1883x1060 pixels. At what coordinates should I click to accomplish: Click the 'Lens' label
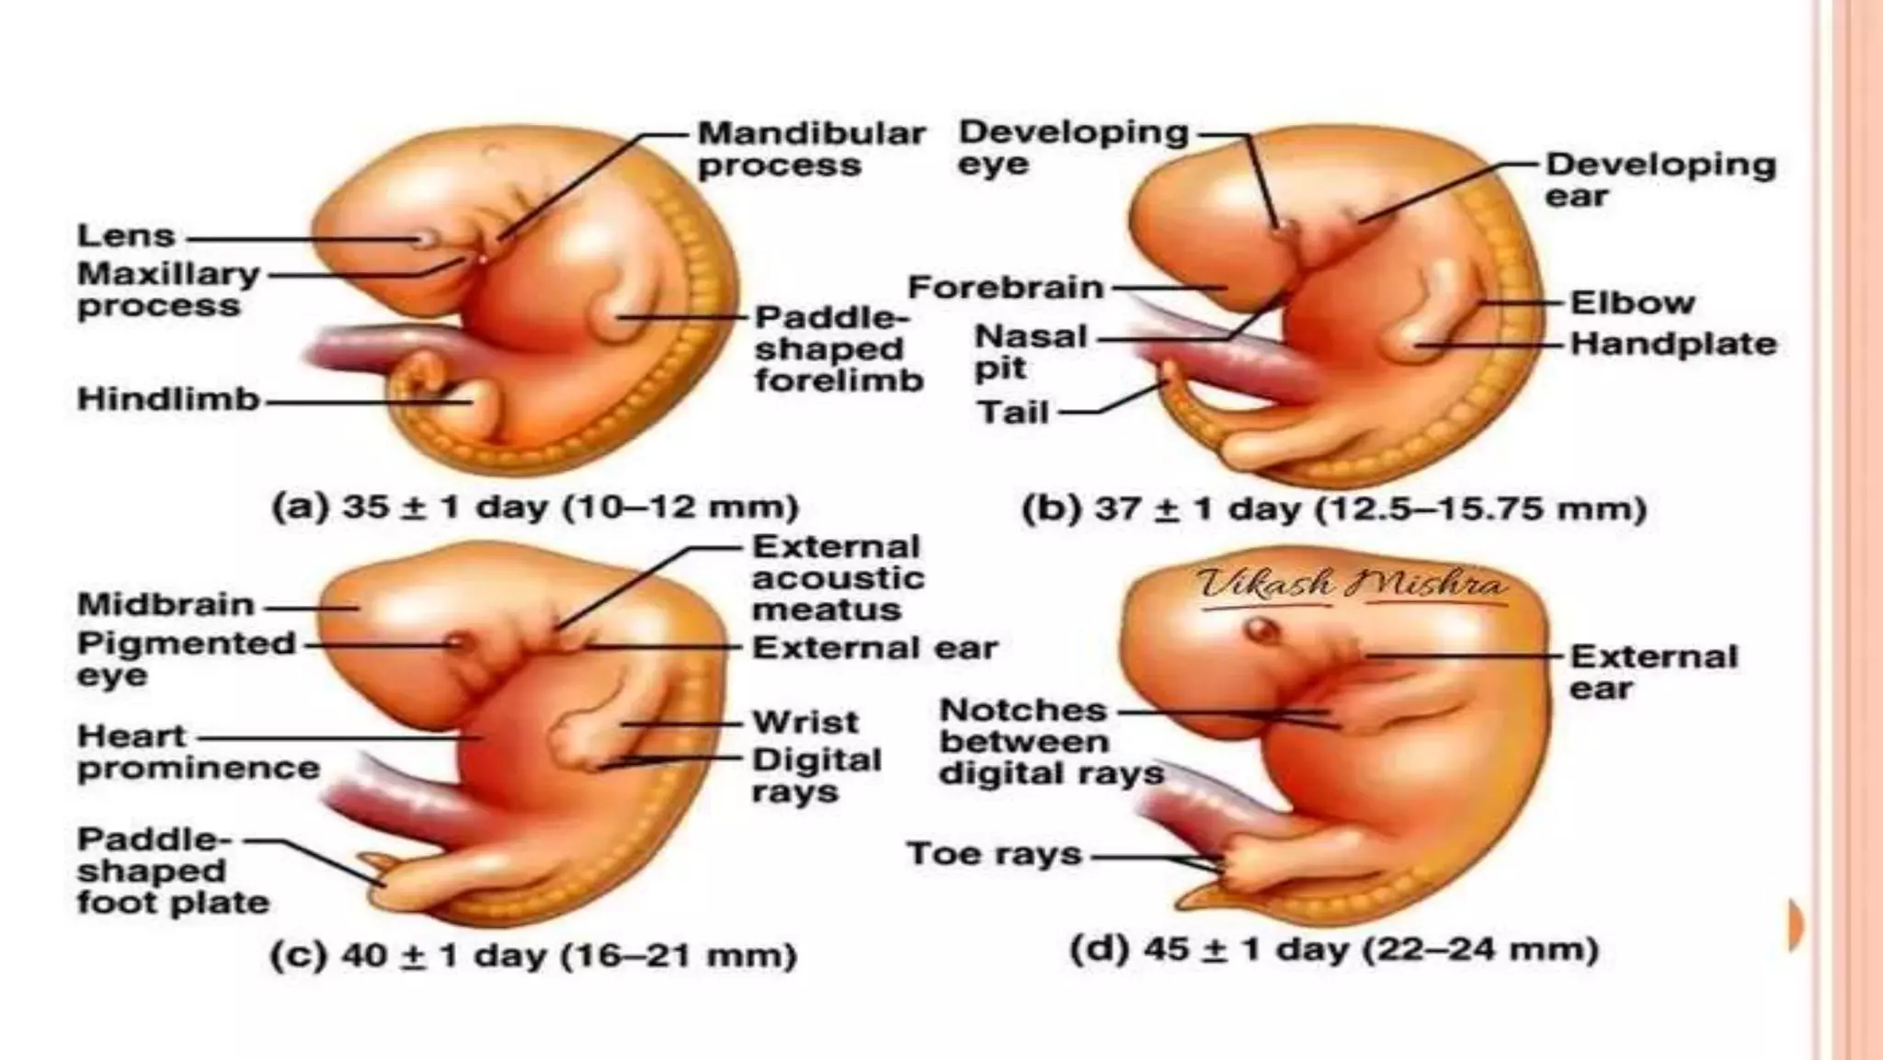pyautogui.click(x=126, y=235)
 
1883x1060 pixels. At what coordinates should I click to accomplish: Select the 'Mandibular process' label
pyautogui.click(x=810, y=149)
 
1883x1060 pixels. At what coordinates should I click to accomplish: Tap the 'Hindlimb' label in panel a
pyautogui.click(x=168, y=399)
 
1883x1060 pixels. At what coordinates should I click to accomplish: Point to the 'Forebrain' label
pyautogui.click(x=1005, y=287)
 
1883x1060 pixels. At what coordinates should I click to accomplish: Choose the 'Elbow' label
pyautogui.click(x=1632, y=302)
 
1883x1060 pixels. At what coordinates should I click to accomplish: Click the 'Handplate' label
pyautogui.click(x=1672, y=344)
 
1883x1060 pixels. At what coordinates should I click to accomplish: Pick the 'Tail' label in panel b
pyautogui.click(x=1012, y=412)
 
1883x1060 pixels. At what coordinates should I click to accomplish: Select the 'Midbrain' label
pyautogui.click(x=165, y=604)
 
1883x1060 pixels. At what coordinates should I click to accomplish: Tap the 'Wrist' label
pyautogui.click(x=805, y=722)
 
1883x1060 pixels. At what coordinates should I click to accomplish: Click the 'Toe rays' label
pyautogui.click(x=994, y=854)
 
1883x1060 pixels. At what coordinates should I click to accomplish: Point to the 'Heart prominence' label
pyautogui.click(x=198, y=752)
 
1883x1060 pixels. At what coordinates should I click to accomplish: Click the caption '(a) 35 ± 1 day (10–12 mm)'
pyautogui.click(x=535, y=507)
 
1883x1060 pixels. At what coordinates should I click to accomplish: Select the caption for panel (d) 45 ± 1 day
pyautogui.click(x=1334, y=949)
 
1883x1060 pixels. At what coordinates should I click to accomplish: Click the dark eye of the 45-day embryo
pyautogui.click(x=1261, y=631)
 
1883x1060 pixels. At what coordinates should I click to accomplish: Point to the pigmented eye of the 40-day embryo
pyautogui.click(x=459, y=643)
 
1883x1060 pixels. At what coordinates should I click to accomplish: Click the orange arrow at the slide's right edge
pyautogui.click(x=1795, y=925)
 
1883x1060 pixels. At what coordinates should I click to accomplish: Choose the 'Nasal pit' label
pyautogui.click(x=1030, y=351)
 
